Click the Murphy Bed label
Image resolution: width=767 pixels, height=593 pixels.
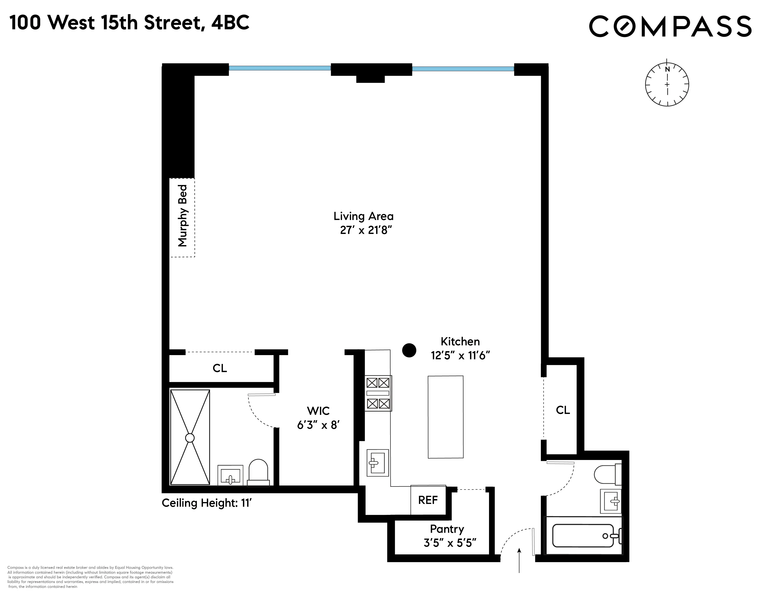coord(183,216)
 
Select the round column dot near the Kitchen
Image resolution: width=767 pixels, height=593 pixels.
coord(409,350)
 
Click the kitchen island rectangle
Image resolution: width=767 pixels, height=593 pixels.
coord(445,417)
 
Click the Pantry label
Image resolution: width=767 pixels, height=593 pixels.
coord(447,529)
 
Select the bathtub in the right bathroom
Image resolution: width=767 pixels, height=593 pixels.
coord(583,536)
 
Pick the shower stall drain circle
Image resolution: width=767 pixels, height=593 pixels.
coord(190,438)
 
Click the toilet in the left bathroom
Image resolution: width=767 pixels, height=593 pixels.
coord(258,473)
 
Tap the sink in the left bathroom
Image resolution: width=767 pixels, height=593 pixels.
coord(230,476)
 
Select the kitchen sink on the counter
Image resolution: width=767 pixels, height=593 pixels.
coord(377,463)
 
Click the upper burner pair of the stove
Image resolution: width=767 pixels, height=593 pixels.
coord(378,383)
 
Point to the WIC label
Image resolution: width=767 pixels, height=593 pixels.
coord(318,411)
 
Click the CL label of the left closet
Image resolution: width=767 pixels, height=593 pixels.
coord(220,368)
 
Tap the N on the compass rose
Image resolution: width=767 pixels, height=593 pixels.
coord(667,69)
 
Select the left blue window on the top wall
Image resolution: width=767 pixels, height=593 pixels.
coord(280,68)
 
